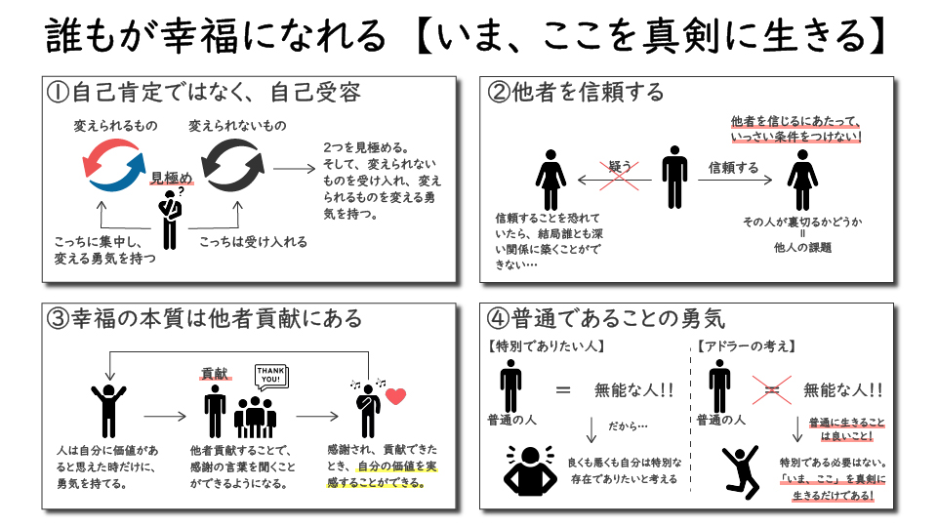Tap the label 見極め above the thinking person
172,177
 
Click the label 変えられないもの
237,127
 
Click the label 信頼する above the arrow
733,168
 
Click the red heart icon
396,396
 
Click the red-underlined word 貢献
214,374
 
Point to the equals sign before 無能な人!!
563,389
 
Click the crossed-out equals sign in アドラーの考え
771,389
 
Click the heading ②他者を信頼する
576,92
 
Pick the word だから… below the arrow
629,426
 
